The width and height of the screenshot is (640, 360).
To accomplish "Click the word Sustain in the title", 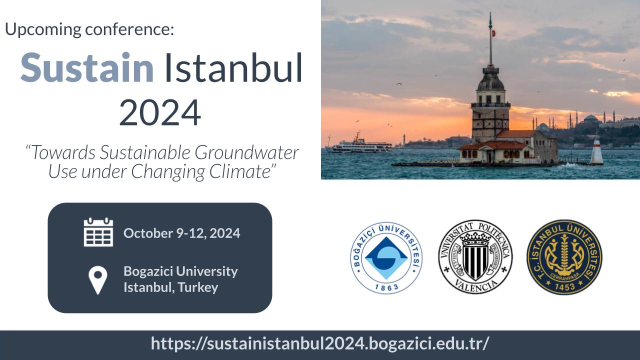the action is [x=87, y=67].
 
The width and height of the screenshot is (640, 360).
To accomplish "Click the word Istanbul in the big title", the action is [x=233, y=67].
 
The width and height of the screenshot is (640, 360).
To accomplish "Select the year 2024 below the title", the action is [x=160, y=112].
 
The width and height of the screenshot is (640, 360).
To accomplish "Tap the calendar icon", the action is [x=98, y=232].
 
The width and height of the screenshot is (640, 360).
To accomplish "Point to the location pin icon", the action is [x=97, y=280].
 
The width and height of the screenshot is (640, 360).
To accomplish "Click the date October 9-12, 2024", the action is [x=181, y=233].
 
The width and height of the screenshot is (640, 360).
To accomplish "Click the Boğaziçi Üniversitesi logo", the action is [x=386, y=257].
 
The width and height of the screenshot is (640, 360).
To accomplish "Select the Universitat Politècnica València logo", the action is [x=475, y=257].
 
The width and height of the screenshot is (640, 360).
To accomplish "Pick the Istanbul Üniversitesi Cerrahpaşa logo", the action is [x=564, y=257].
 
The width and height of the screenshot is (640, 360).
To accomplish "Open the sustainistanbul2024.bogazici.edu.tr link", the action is [x=320, y=343].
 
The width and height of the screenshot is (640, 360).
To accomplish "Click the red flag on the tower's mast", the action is [x=493, y=33].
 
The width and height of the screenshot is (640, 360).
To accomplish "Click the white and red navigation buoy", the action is [x=597, y=150].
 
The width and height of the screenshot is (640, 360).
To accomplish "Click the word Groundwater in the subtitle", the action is [x=246, y=153].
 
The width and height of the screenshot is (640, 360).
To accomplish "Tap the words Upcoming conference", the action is [x=89, y=29].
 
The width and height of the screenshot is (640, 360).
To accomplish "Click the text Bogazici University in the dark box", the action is [x=180, y=271].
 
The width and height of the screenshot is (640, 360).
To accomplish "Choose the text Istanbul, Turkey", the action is [x=171, y=287].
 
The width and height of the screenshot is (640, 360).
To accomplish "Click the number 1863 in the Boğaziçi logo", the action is [x=386, y=287].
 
